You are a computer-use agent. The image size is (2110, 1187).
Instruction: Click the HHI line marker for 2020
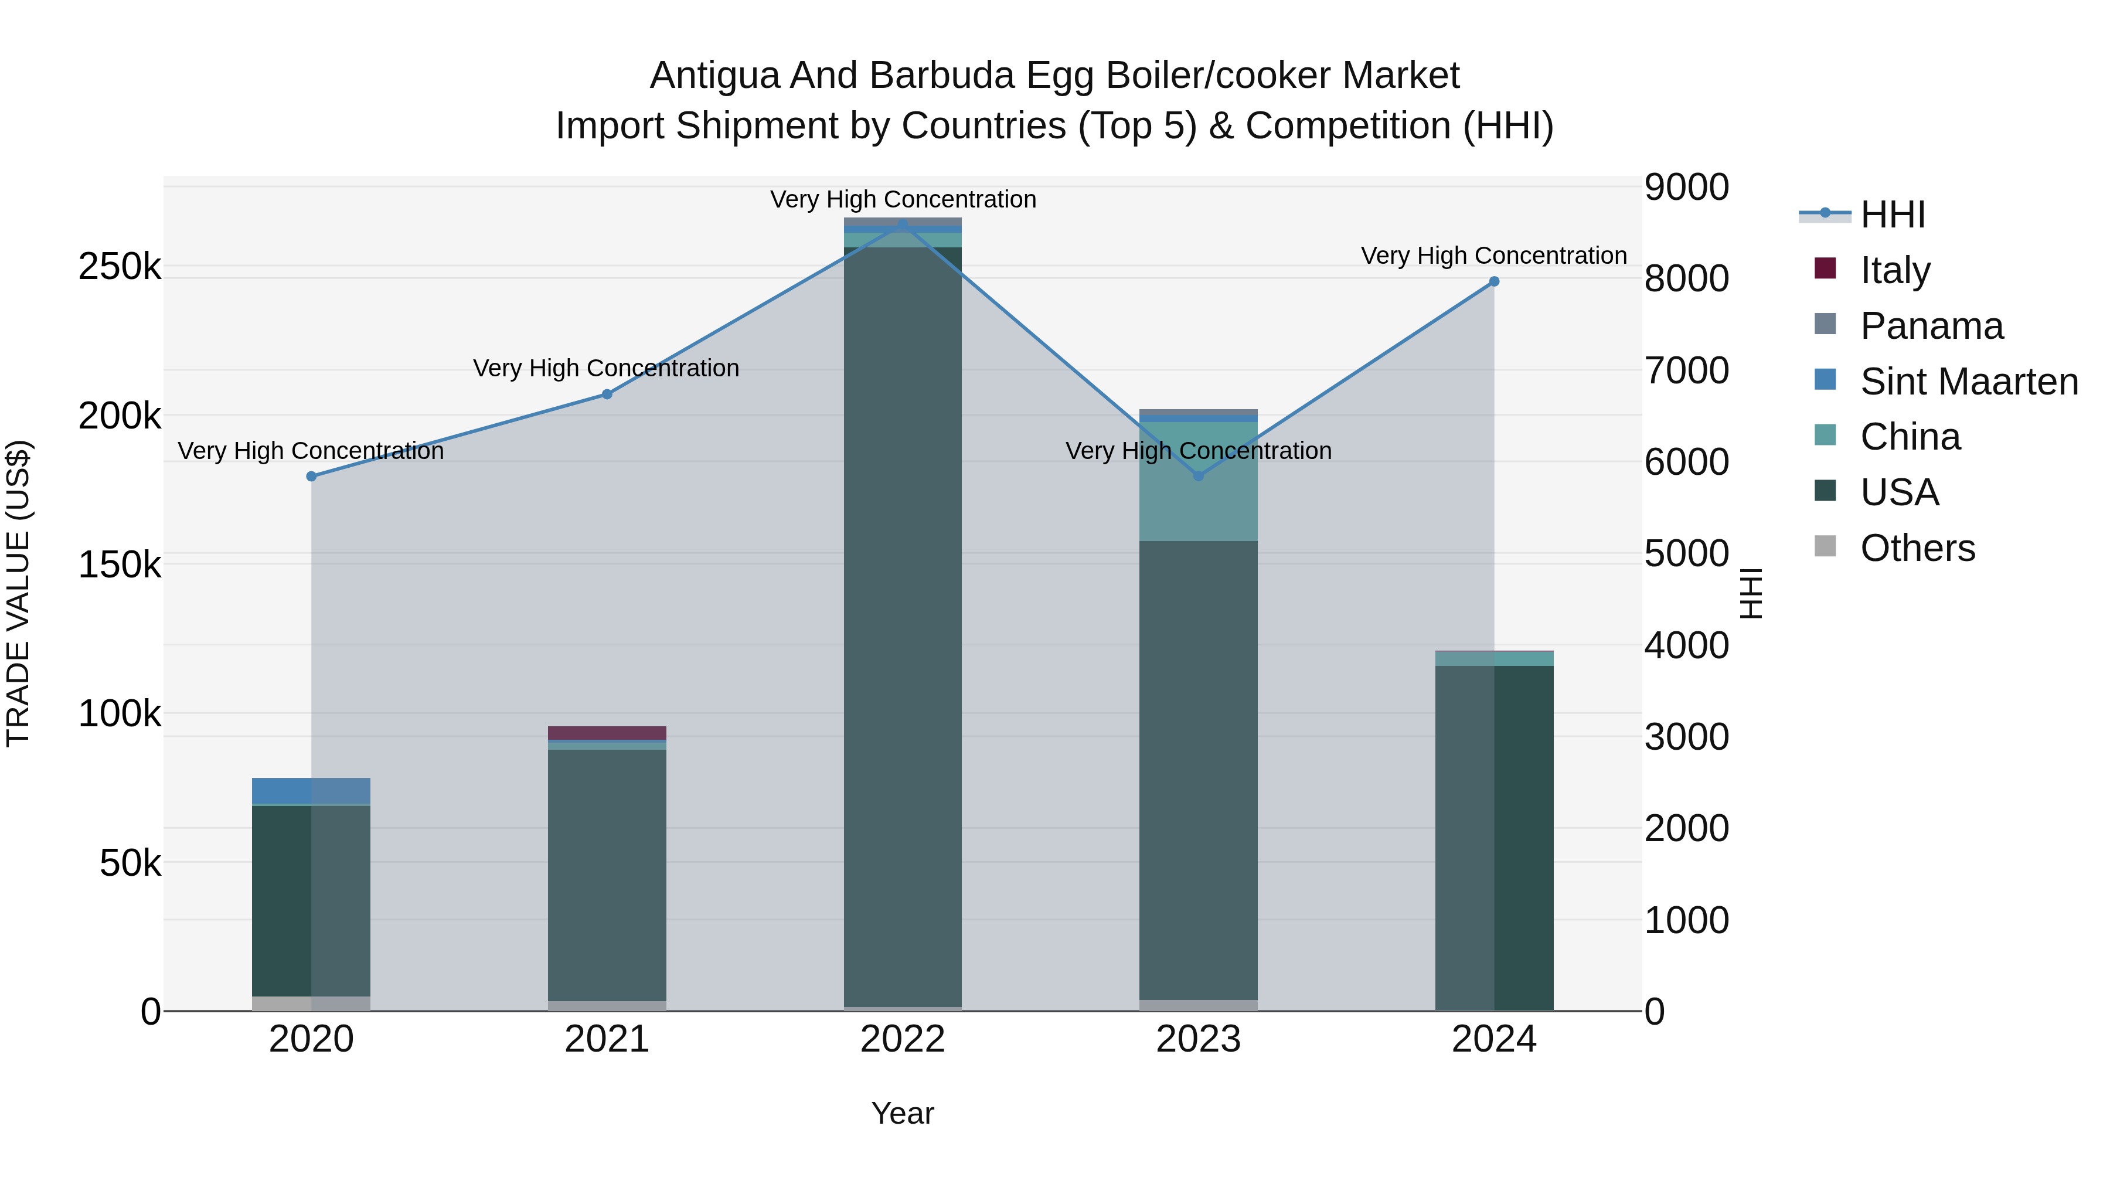(x=311, y=476)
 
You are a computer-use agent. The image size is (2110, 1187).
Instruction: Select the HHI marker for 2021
(x=607, y=394)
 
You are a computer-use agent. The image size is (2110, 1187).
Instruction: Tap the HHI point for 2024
(x=1494, y=281)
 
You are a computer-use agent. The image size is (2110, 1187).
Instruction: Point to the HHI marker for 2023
(x=1199, y=475)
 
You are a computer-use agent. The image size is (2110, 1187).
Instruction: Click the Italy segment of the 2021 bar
(x=607, y=732)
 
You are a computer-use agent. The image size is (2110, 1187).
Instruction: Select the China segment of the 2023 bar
(x=1199, y=492)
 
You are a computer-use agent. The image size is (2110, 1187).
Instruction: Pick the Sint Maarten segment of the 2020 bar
(x=311, y=791)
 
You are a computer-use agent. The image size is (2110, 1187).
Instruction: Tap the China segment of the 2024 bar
(x=1494, y=659)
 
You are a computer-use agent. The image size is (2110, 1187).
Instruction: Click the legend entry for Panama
(x=1931, y=326)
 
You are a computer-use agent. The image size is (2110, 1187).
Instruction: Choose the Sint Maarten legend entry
(x=1968, y=382)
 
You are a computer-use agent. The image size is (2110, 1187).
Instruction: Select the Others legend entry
(x=1917, y=548)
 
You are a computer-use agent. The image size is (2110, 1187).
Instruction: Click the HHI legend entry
(x=1892, y=215)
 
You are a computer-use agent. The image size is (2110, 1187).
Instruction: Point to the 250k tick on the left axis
(x=120, y=266)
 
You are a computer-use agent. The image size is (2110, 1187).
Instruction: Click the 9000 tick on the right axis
(x=1686, y=187)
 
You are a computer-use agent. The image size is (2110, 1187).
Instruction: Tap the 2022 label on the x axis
(x=903, y=1039)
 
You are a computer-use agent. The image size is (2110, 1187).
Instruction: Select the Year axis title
(x=903, y=1113)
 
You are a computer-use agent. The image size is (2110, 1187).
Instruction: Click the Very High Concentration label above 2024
(x=1493, y=256)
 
